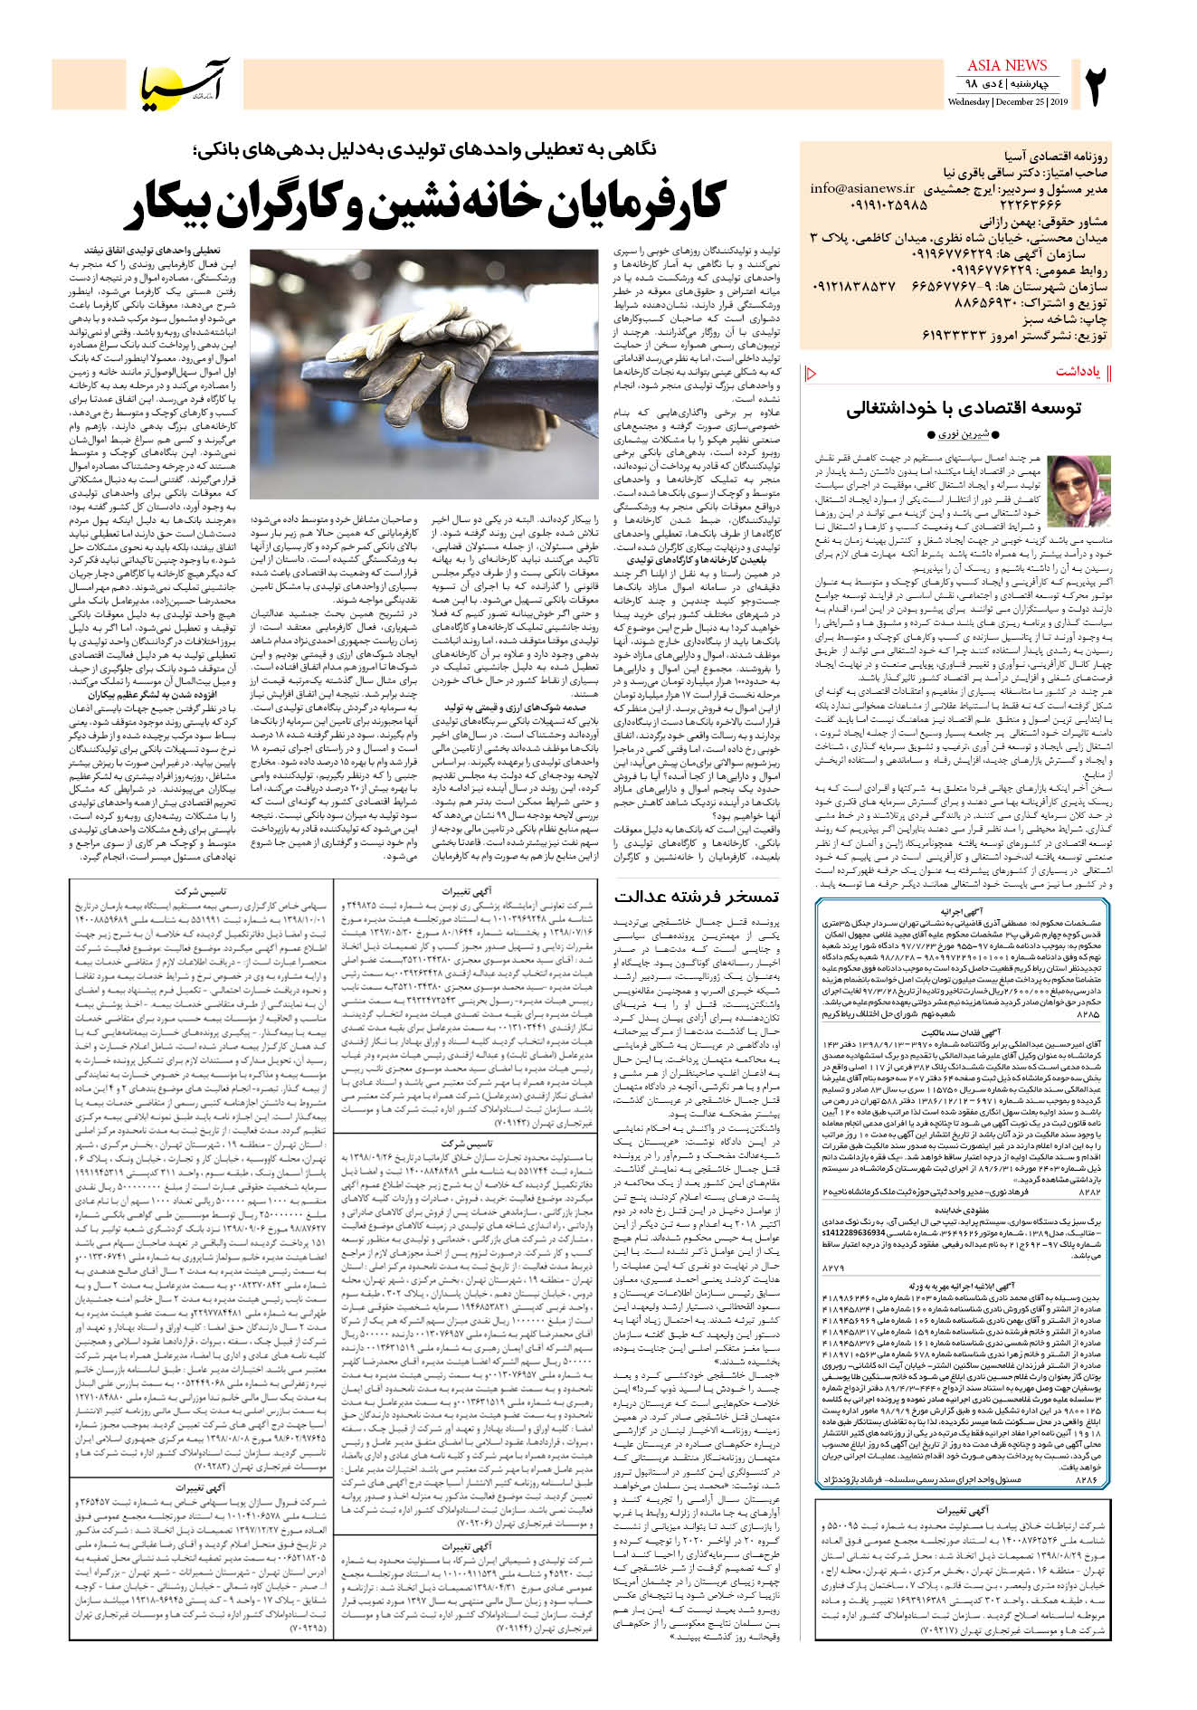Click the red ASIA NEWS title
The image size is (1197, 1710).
click(x=1007, y=65)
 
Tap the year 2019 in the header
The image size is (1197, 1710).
click(x=1059, y=102)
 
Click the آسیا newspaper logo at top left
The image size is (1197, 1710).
click(x=185, y=83)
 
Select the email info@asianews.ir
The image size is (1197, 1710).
click(x=862, y=189)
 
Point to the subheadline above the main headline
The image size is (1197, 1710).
click(x=423, y=148)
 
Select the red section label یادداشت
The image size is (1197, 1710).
click(x=1078, y=372)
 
